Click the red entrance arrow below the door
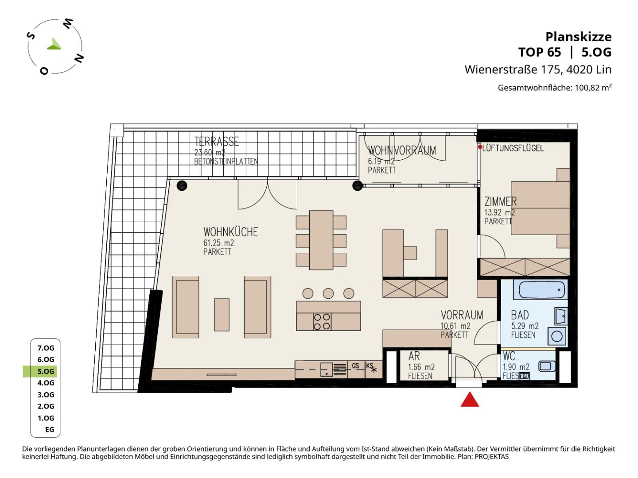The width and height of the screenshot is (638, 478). pyautogui.click(x=470, y=399)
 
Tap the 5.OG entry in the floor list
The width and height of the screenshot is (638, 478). pyautogui.click(x=46, y=371)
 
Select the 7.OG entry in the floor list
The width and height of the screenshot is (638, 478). pyautogui.click(x=46, y=348)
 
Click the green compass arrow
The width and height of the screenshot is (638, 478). pyautogui.click(x=54, y=44)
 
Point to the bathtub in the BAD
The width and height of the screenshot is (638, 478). pyautogui.click(x=541, y=289)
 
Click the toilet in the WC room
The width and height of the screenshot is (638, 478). pyautogui.click(x=547, y=366)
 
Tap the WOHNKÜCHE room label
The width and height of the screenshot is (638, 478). pyautogui.click(x=231, y=232)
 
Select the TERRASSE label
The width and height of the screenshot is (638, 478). pyautogui.click(x=217, y=142)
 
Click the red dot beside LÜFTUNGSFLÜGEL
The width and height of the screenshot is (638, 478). pyautogui.click(x=480, y=147)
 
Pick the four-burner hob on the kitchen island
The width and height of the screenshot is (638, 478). pyautogui.click(x=322, y=322)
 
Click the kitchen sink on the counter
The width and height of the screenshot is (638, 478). pyautogui.click(x=327, y=370)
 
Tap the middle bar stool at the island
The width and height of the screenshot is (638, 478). pyautogui.click(x=328, y=293)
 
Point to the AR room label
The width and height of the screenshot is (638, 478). pyautogui.click(x=414, y=356)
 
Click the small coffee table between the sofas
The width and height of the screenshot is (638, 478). pyautogui.click(x=222, y=315)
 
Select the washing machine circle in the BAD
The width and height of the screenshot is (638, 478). pyautogui.click(x=557, y=336)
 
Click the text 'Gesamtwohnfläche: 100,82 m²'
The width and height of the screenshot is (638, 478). pyautogui.click(x=555, y=87)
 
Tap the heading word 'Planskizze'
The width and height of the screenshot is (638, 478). pyautogui.click(x=579, y=37)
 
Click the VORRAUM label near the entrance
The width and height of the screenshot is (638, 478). pyautogui.click(x=462, y=315)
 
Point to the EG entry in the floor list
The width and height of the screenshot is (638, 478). pyautogui.click(x=50, y=429)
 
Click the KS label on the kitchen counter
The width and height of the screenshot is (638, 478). pyautogui.click(x=370, y=366)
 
